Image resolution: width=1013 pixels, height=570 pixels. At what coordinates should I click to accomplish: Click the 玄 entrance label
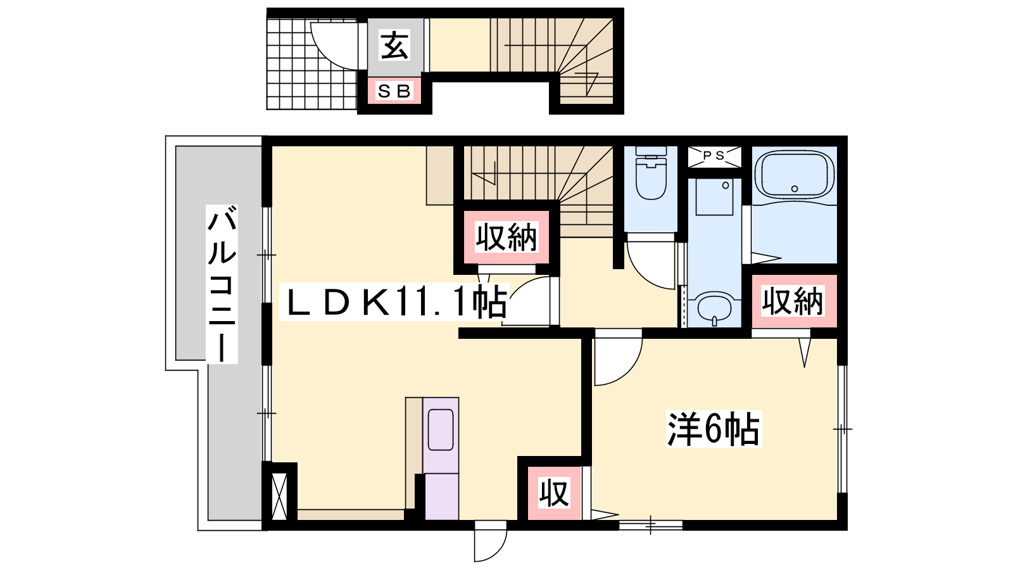point(395,44)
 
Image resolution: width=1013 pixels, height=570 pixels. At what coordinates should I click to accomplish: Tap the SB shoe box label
point(394,91)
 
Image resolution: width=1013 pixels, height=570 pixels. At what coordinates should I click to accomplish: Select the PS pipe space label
point(714,155)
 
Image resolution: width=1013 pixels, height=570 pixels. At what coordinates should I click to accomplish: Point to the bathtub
point(795,174)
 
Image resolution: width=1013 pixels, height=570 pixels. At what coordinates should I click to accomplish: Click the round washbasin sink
point(715,308)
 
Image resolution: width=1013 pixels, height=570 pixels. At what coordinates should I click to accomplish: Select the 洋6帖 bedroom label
point(714,428)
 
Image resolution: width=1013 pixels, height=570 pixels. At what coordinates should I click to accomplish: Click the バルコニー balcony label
point(222,284)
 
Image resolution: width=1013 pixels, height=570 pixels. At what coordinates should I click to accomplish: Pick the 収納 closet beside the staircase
point(506,237)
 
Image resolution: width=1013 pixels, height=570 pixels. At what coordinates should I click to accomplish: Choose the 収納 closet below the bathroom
point(792,301)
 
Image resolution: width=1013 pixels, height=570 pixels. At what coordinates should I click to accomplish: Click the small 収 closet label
point(554,494)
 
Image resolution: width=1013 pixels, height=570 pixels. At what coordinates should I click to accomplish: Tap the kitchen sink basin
point(441,430)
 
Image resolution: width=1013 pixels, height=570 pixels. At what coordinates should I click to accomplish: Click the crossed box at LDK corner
point(279,496)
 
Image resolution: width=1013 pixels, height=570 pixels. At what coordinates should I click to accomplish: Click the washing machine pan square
point(714,197)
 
